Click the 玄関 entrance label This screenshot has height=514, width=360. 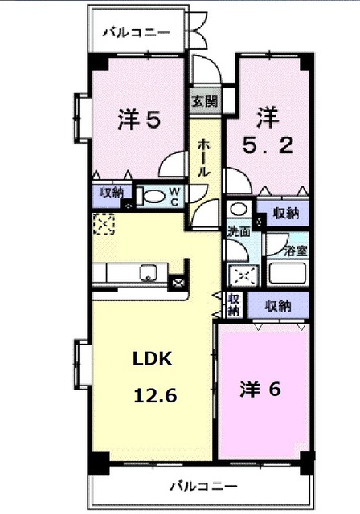[x=203, y=101]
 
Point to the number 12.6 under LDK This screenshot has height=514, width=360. [x=150, y=395]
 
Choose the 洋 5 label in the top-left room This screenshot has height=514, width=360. [x=140, y=120]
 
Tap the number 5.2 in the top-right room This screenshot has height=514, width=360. [x=268, y=148]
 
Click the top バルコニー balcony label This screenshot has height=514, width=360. [x=136, y=34]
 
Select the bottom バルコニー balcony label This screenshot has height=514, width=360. [x=203, y=486]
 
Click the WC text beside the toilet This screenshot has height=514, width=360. [x=174, y=197]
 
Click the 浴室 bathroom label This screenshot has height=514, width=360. [x=295, y=251]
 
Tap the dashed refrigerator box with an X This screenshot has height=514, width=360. [x=103, y=225]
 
